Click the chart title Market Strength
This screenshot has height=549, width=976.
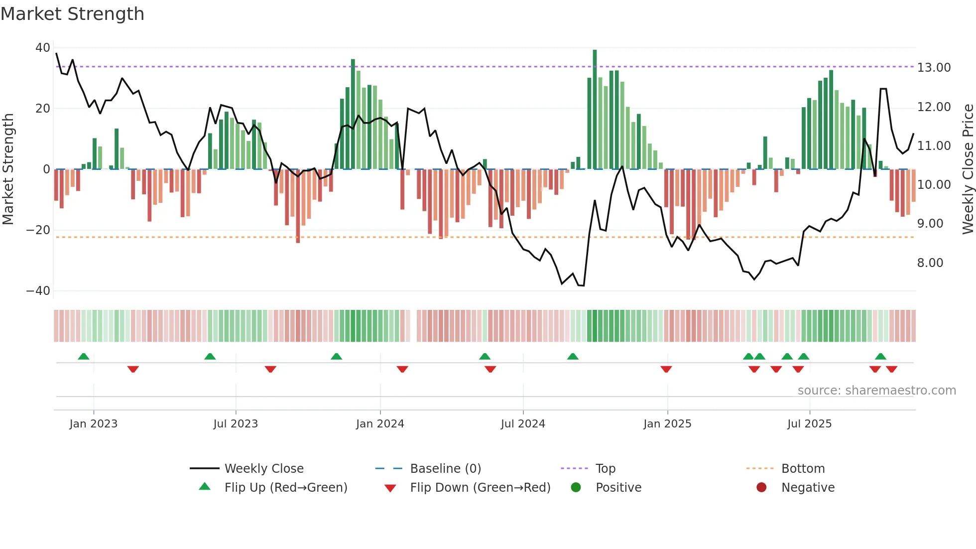click(x=72, y=14)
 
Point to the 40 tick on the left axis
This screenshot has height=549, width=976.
click(x=43, y=48)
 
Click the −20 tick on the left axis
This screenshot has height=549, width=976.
click(x=38, y=230)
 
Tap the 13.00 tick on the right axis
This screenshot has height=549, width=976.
click(x=934, y=68)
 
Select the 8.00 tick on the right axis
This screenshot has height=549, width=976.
click(x=930, y=263)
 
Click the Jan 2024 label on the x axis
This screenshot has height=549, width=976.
click(x=380, y=424)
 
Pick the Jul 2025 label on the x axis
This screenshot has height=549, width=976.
click(x=809, y=424)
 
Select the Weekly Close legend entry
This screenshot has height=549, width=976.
click(x=263, y=469)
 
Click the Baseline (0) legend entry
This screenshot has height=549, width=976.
click(x=445, y=469)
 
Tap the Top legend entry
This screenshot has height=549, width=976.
click(x=605, y=469)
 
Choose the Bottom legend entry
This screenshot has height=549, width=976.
click(x=803, y=469)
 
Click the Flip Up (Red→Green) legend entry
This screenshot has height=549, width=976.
click(x=285, y=488)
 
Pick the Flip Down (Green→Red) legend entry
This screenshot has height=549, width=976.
click(x=480, y=488)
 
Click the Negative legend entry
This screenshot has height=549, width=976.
click(x=808, y=488)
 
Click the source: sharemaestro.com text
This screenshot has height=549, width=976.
click(x=876, y=391)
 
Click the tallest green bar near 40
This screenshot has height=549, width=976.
click(x=595, y=110)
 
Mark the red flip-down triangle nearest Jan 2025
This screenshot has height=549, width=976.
click(x=666, y=369)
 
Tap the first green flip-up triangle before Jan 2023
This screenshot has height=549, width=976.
click(x=84, y=356)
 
